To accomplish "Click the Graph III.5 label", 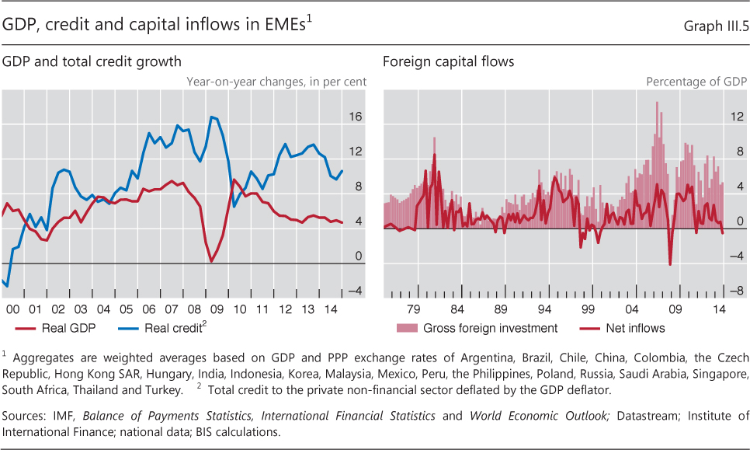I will (715, 26).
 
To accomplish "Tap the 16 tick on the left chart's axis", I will (355, 117).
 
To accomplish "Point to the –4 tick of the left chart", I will (354, 291).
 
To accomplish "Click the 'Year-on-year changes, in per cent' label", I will (276, 81).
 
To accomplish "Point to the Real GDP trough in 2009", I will (212, 262).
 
